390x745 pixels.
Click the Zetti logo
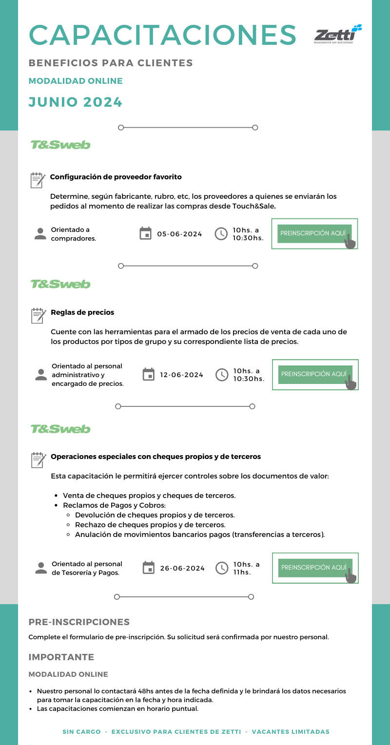338,35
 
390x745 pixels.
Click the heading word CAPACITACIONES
163,35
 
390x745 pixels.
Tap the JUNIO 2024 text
75,102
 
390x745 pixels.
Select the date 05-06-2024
179,234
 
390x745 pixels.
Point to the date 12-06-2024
181,375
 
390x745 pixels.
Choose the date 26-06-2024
182,568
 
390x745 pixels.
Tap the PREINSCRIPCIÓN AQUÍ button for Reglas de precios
314,374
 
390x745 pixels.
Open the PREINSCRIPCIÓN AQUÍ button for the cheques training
314,568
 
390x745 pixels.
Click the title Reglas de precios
82,312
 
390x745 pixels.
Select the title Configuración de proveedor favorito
116,177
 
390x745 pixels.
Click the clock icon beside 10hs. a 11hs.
222,568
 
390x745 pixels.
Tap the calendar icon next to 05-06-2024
145,234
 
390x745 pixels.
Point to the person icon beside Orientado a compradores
40,234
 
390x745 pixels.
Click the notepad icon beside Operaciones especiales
38,459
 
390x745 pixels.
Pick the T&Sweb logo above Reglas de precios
60,284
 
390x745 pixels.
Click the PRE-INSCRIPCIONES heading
79,622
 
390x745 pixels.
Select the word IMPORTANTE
61,657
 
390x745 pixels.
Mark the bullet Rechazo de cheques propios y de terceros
150,525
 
